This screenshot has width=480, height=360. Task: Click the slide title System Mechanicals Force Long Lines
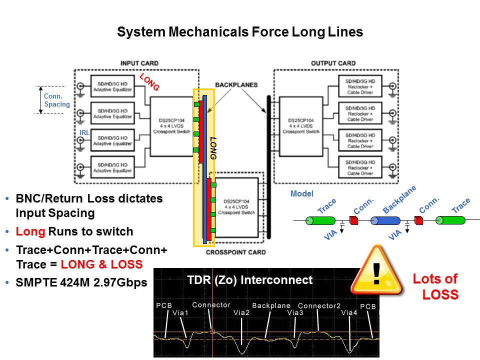click(x=239, y=32)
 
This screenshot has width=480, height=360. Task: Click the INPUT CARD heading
click(x=139, y=63)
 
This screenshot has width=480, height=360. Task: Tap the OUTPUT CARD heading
click(x=333, y=63)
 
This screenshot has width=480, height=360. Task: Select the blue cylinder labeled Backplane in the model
click(x=385, y=220)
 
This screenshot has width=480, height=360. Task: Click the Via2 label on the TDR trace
click(x=241, y=312)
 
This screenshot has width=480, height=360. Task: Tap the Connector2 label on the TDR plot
click(x=319, y=305)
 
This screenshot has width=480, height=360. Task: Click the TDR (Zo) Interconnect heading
click(x=249, y=280)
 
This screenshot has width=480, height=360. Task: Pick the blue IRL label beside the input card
click(x=84, y=132)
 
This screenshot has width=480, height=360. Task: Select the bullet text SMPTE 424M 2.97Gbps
click(x=81, y=282)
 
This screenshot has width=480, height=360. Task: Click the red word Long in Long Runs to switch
click(x=26, y=231)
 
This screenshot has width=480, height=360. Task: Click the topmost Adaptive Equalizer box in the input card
click(x=112, y=87)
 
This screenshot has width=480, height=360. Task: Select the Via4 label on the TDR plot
click(x=349, y=312)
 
